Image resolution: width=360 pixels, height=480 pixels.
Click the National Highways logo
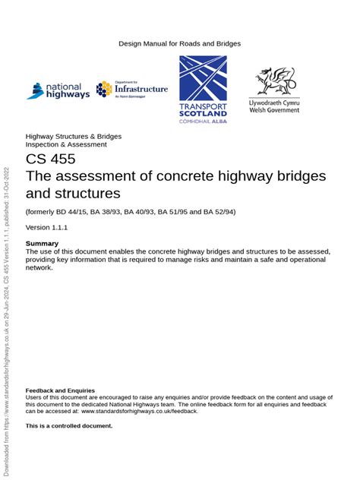click(x=58, y=90)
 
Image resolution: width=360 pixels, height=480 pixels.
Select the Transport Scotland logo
click(x=202, y=90)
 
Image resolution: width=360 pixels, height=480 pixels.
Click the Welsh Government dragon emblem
click(x=275, y=81)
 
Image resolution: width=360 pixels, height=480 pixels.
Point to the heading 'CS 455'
click(x=51, y=159)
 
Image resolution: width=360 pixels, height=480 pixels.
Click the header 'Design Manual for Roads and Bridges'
click(x=179, y=43)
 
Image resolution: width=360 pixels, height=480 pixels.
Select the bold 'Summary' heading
click(x=42, y=243)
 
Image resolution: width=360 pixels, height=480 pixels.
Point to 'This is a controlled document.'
click(x=68, y=426)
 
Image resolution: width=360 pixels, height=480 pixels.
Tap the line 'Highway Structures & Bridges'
click(x=74, y=137)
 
